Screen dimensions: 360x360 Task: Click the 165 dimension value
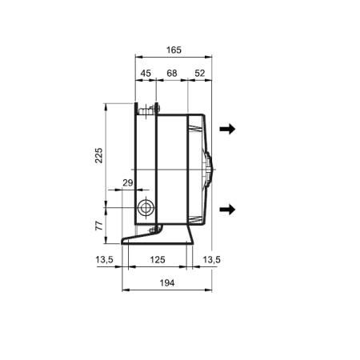(x=174, y=50)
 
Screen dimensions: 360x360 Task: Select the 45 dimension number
(x=146, y=73)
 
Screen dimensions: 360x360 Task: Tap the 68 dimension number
(x=172, y=73)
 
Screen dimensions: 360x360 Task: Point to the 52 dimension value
(x=200, y=73)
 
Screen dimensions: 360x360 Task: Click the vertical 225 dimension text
(x=98, y=155)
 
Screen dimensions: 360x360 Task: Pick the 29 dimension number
(x=128, y=182)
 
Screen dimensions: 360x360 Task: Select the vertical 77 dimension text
(x=99, y=226)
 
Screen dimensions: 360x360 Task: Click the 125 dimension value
(x=158, y=259)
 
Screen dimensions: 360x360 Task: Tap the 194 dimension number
(x=167, y=282)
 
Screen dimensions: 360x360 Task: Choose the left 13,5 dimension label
(x=105, y=259)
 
